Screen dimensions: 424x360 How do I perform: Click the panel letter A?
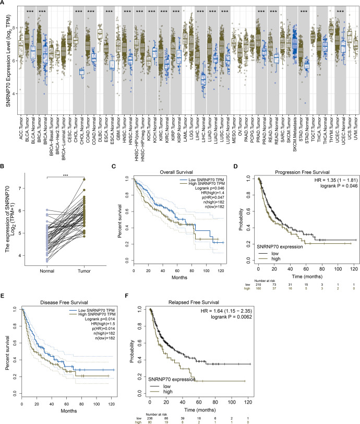[3, 3]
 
